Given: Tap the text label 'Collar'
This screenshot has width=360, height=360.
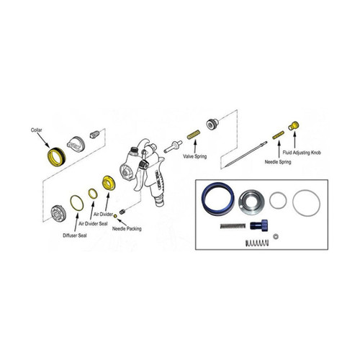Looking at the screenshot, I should click(x=37, y=130).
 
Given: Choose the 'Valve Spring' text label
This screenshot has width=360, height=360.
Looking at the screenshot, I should click(x=197, y=156).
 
